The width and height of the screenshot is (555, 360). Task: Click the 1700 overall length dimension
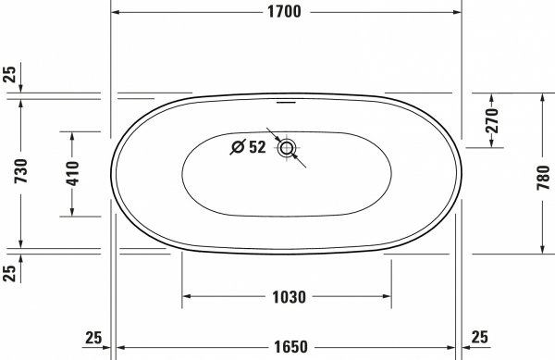[286, 12]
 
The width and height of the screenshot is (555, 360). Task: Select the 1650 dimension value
[288, 348]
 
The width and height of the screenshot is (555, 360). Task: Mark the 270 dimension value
[491, 119]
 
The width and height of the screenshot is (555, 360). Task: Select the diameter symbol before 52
[237, 146]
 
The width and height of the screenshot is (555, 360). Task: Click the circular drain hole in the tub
[286, 147]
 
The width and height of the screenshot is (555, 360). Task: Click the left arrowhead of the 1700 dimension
[116, 12]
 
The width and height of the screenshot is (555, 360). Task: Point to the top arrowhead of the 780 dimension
[542, 96]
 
